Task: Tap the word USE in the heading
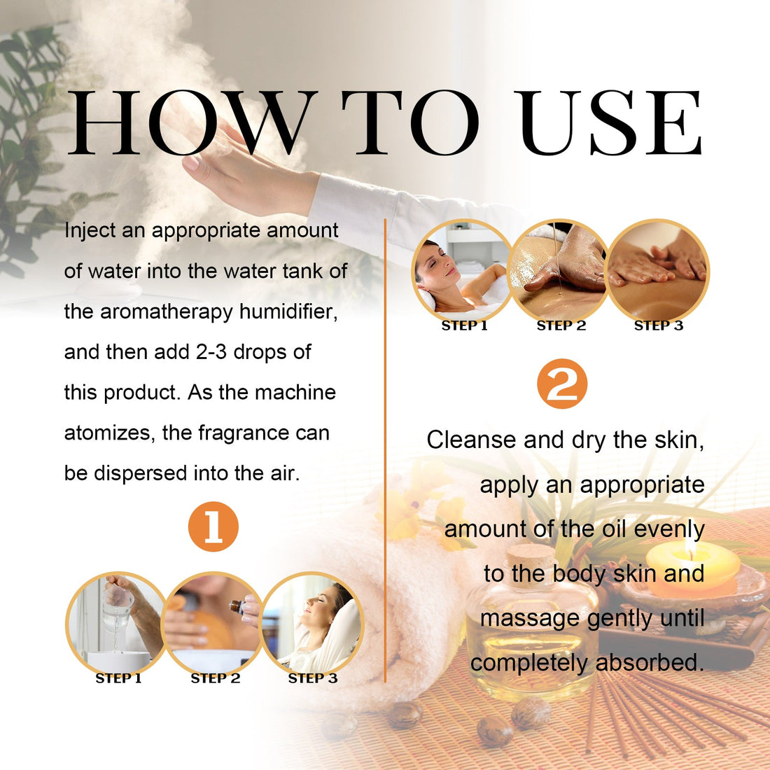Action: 610,123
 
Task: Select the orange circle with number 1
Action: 213,526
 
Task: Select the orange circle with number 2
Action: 562,384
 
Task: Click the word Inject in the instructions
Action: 90,231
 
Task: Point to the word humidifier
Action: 288,311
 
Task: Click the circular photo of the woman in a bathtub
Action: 462,269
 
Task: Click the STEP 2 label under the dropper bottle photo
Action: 216,678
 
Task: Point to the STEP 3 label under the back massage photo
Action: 658,325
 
